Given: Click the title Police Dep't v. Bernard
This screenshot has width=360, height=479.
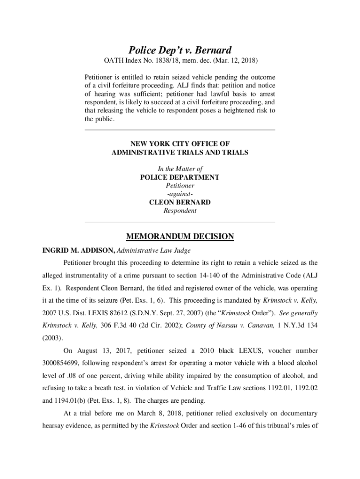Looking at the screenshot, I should [x=180, y=50].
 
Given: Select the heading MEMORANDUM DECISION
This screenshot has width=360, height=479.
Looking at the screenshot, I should [x=180, y=237].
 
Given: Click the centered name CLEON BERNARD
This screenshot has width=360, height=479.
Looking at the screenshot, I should [x=180, y=203].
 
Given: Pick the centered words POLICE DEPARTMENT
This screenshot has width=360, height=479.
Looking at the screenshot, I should [x=180, y=177].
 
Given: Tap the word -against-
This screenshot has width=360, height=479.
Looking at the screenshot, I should [x=180, y=194].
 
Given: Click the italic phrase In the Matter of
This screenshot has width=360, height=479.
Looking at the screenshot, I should [x=180, y=168].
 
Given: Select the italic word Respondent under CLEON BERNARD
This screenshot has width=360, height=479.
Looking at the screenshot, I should [x=180, y=211].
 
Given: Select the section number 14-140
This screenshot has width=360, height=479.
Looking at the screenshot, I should [x=204, y=275].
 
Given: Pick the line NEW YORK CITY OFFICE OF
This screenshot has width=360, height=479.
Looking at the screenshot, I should [x=180, y=144].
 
